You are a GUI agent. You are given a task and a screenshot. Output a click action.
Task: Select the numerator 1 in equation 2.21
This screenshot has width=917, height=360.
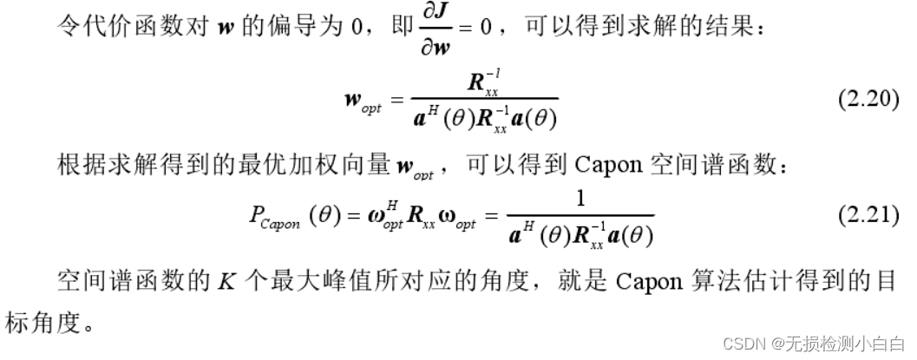tap(580, 200)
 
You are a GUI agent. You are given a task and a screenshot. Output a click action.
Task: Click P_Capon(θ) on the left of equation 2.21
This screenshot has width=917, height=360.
tap(287, 215)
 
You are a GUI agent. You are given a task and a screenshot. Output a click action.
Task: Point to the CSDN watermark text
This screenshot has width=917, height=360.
tap(815, 343)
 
